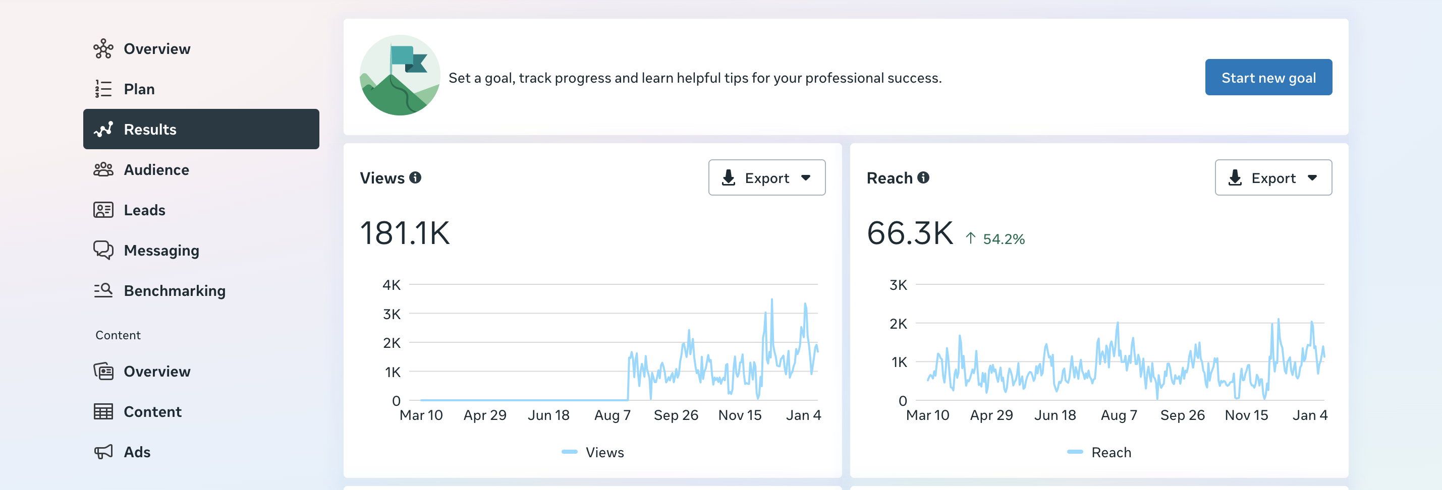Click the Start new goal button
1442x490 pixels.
coord(1268,77)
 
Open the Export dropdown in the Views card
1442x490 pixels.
coord(766,178)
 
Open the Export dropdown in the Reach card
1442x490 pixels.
coord(1273,178)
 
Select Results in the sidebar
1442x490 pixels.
coord(201,129)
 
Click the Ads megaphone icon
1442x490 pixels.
coord(103,451)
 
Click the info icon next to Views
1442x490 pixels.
coord(415,177)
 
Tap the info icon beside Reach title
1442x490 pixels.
coord(923,177)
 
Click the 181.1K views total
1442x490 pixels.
coord(405,233)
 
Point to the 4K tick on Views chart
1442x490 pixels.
coord(392,285)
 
